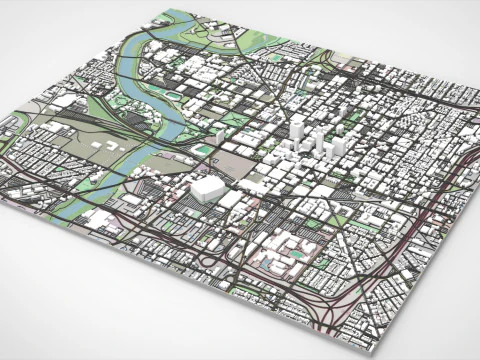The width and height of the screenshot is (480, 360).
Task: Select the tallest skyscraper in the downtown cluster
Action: pos(297,131)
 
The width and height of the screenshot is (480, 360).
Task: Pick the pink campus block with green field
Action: pos(290,250)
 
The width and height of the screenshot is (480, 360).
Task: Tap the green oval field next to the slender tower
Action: pos(205,150)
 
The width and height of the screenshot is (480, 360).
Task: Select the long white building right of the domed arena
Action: pos(232,200)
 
